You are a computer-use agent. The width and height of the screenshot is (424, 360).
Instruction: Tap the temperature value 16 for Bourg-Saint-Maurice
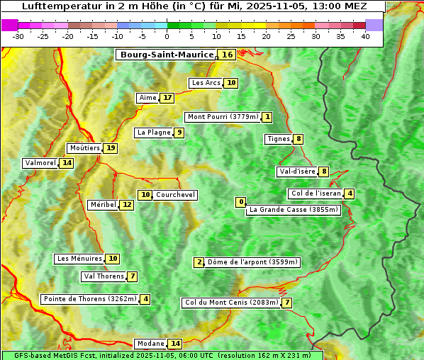(227, 55)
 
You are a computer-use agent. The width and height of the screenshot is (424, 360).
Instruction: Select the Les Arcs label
(206, 83)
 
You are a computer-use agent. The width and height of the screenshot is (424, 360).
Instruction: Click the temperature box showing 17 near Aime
(167, 98)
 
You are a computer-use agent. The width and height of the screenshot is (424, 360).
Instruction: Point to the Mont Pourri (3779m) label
(222, 117)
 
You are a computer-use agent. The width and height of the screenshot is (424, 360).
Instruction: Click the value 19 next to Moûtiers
(111, 148)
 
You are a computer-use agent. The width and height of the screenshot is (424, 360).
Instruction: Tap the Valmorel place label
(40, 163)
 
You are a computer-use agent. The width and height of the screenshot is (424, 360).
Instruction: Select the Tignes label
(278, 139)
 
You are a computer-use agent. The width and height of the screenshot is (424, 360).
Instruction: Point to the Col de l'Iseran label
(316, 193)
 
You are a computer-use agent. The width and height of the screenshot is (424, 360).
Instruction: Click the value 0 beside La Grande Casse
(241, 203)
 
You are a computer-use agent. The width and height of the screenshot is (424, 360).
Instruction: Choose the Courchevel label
(175, 195)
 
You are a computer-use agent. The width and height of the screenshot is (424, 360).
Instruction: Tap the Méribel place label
(102, 205)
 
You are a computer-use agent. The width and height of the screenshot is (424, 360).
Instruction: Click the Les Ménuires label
(79, 259)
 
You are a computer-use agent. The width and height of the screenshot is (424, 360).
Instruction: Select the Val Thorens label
(104, 276)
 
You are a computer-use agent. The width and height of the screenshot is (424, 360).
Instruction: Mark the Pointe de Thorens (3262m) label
(89, 299)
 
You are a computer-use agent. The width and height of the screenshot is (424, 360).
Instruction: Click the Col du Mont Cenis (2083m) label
(230, 303)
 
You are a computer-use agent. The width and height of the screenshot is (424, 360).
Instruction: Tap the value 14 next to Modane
(175, 344)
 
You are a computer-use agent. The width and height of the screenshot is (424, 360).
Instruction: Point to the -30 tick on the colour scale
(18, 36)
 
